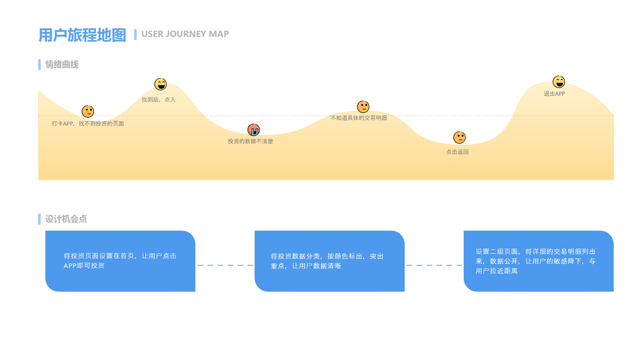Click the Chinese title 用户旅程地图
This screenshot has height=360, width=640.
(82, 35)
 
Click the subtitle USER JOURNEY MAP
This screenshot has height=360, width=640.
(185, 34)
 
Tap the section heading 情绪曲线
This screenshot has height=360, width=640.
(62, 64)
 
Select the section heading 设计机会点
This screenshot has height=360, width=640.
(66, 219)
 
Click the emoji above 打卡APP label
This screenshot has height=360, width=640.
(88, 111)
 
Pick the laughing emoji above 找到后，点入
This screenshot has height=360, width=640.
(160, 84)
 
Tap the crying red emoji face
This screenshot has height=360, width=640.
(254, 130)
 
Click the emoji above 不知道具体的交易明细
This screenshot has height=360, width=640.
(363, 107)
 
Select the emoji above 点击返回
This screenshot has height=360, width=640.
(459, 137)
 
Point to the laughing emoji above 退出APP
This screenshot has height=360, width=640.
(558, 82)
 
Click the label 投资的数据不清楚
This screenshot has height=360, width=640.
(250, 142)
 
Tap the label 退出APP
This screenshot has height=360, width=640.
(554, 94)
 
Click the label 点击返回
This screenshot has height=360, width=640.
(457, 152)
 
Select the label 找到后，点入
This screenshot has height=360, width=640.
(158, 100)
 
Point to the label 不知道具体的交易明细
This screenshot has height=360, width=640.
(359, 118)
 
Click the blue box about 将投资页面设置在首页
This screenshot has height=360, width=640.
(120, 261)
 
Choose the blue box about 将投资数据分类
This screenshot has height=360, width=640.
(329, 261)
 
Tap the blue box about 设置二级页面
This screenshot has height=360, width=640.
(538, 261)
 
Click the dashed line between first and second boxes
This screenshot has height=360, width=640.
(225, 265)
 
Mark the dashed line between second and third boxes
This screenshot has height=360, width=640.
(434, 265)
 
